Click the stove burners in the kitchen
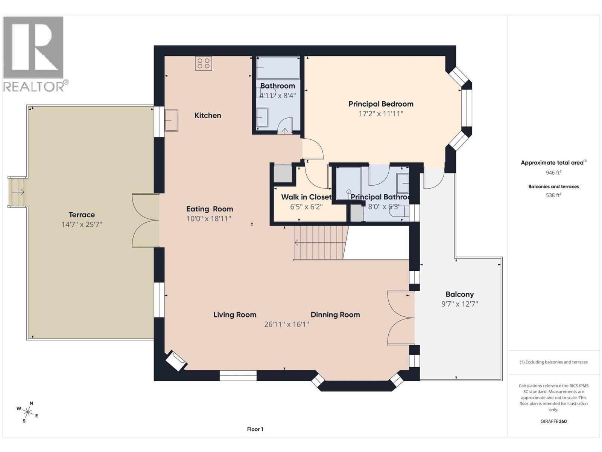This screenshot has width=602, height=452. (x=204, y=63)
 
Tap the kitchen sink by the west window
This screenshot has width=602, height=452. (x=171, y=120)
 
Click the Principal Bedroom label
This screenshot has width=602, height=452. (x=381, y=104)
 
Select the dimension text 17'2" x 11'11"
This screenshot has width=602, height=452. (x=381, y=114)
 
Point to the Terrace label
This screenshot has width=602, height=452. (x=82, y=215)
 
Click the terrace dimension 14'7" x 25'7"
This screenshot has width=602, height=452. (x=82, y=225)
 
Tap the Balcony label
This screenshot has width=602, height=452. (x=459, y=295)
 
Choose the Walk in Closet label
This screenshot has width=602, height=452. (x=306, y=197)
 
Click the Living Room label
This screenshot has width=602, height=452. (x=235, y=315)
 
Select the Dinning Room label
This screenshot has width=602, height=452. (x=335, y=315)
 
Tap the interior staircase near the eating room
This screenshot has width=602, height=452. (x=319, y=243)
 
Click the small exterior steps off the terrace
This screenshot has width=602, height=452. (x=17, y=192)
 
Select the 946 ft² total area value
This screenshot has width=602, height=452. (x=553, y=173)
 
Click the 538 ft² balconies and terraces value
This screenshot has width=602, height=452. (x=553, y=195)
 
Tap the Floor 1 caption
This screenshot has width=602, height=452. (x=255, y=429)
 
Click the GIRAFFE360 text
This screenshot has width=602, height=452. (x=553, y=421)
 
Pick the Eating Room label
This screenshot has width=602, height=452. (x=210, y=209)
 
